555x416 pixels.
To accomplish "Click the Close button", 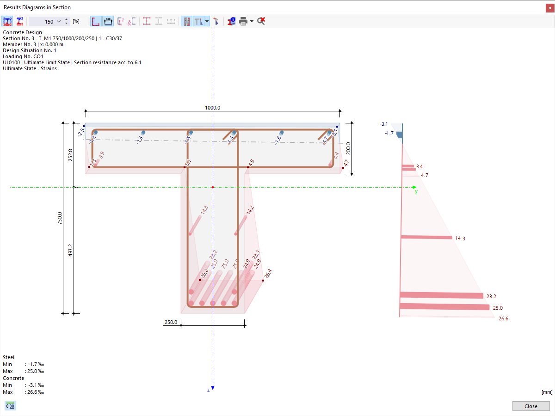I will [x=530, y=406].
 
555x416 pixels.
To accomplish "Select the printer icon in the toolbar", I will [x=243, y=21].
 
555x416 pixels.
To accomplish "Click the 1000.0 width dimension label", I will [x=213, y=108].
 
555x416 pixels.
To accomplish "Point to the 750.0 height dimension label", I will [x=59, y=218].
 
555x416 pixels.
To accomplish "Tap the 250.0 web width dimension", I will [x=170, y=322].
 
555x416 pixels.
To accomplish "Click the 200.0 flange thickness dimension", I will [x=348, y=148].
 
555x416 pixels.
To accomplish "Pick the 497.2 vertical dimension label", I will [x=70, y=251].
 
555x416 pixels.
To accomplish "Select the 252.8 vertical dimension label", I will [x=70, y=155].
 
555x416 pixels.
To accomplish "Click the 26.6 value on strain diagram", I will [x=503, y=318].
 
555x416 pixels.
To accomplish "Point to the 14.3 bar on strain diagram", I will [x=426, y=238].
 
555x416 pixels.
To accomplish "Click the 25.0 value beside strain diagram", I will [x=498, y=308].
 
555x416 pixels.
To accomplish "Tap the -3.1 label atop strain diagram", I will [x=383, y=124].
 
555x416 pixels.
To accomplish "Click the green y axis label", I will [x=416, y=191].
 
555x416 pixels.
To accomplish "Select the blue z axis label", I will [x=209, y=390].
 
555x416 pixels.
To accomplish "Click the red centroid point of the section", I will [x=213, y=187].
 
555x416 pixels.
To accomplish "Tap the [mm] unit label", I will [x=546, y=392].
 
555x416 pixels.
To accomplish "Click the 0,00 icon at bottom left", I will [x=10, y=406].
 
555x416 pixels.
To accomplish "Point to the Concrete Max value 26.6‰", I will [x=35, y=392].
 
